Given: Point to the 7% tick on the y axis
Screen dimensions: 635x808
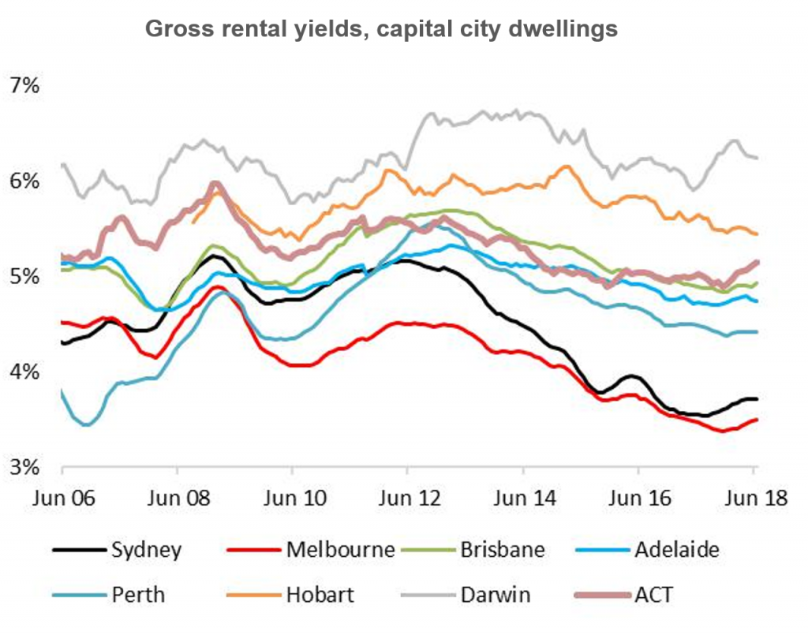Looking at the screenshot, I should pos(24,85).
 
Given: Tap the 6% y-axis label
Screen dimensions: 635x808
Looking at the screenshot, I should pos(24,181).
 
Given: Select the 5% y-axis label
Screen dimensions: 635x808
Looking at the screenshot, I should pos(24,276).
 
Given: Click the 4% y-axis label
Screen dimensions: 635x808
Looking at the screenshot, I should pos(24,371).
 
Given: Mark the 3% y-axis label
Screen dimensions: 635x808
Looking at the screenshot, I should pos(24,466).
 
